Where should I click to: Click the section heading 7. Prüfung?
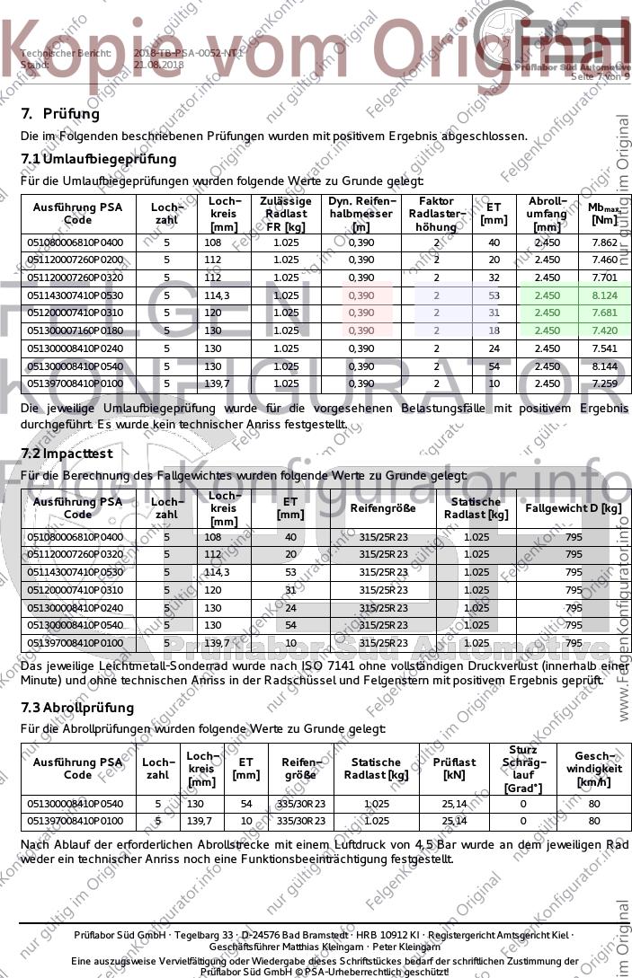click(x=60, y=114)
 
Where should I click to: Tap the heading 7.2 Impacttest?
click(x=67, y=454)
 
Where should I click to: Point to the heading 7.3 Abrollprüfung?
click(x=76, y=708)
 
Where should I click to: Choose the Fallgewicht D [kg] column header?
click(x=573, y=508)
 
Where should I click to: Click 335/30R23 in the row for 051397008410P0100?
click(x=300, y=821)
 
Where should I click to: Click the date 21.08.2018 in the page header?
click(x=158, y=66)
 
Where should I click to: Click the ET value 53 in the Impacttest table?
click(x=290, y=572)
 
